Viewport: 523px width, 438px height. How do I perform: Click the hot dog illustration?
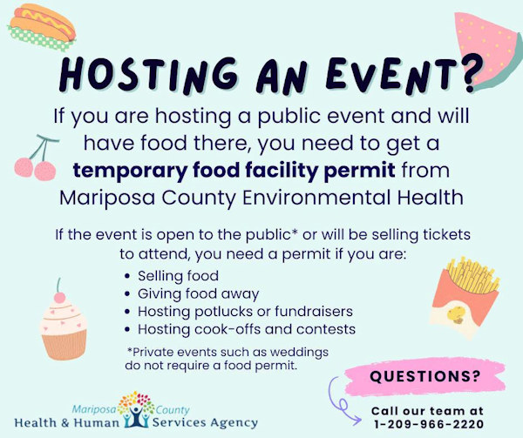point(42,27)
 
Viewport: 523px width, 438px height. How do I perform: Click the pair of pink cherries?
point(36,158)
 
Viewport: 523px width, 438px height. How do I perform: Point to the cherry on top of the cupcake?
point(59,296)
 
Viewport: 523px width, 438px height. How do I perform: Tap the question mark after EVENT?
point(472,73)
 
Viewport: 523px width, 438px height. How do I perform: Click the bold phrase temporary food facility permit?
point(234,170)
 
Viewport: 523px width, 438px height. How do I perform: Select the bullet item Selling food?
point(178,276)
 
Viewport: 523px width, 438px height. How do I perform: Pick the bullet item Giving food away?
point(198,293)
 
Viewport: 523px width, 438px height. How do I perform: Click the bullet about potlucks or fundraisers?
point(245,312)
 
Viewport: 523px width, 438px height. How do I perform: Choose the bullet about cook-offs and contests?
point(246,329)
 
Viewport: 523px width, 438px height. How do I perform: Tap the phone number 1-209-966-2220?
point(429,424)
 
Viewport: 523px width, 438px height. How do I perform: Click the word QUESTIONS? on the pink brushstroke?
point(425,376)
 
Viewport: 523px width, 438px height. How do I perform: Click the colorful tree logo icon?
point(136,409)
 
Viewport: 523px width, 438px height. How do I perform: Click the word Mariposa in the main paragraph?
point(107,198)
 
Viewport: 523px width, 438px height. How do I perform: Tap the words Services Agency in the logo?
point(205,422)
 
